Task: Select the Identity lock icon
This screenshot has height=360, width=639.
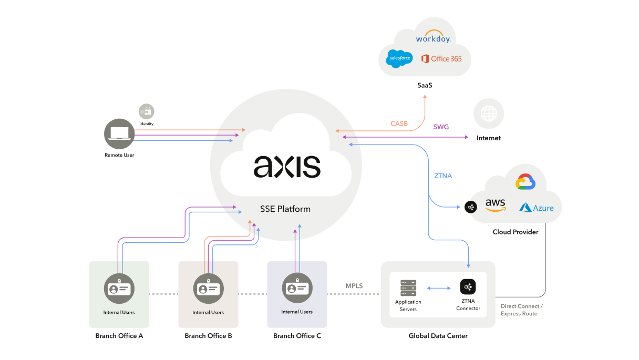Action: [x=146, y=111]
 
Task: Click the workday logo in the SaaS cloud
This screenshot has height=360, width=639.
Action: [x=433, y=38]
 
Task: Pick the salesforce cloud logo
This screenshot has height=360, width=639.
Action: [x=399, y=58]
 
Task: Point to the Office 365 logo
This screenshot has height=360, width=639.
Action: [x=441, y=58]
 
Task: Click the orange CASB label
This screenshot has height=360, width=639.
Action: [x=399, y=124]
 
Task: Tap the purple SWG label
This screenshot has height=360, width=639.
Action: [x=441, y=127]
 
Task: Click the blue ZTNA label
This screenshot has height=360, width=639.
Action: [x=443, y=176]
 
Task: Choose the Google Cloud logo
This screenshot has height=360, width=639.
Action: [x=525, y=182]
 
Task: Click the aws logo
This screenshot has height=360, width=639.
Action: [x=495, y=205]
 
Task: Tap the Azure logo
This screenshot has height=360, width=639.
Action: [x=537, y=208]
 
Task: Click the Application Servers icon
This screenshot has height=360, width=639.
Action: [x=408, y=288]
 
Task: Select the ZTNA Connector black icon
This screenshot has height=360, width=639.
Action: [x=468, y=287]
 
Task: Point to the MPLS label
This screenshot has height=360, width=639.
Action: [x=354, y=286]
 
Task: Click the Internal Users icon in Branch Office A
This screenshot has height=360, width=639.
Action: [x=119, y=289]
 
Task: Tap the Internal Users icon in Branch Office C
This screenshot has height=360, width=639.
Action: [x=297, y=288]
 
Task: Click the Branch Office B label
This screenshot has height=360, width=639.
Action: [x=208, y=336]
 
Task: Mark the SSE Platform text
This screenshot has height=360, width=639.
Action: [x=285, y=209]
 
